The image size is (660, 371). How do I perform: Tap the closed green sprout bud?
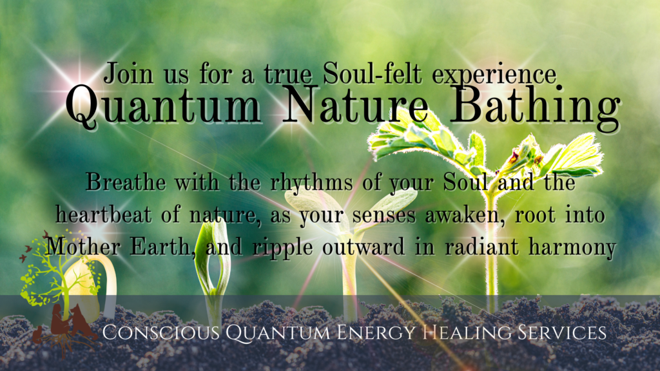click(x=213, y=258)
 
